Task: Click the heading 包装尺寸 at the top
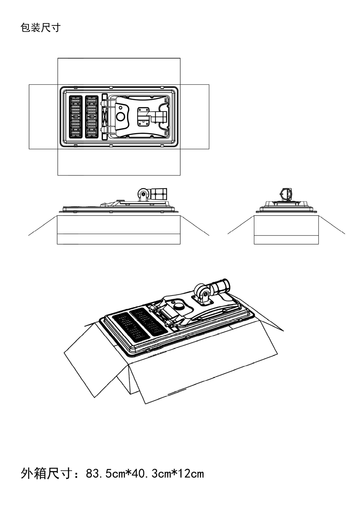[x=40, y=28]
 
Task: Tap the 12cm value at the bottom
[x=191, y=474]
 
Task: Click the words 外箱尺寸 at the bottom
[x=46, y=473]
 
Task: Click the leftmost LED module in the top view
[x=76, y=117]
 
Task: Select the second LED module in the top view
[x=92, y=117]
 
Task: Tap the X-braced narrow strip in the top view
[x=105, y=117]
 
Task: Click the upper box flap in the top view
[x=119, y=71]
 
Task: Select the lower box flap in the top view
[x=119, y=162]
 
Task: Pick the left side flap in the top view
[x=43, y=117]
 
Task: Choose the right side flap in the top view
[x=194, y=117]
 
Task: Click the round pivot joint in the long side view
[x=143, y=194]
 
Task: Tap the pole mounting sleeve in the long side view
[x=159, y=194]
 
